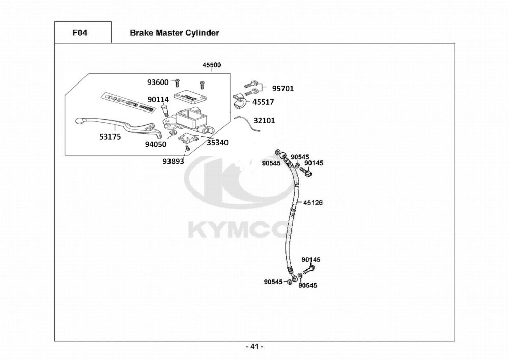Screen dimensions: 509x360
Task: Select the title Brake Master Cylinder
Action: click(174, 33)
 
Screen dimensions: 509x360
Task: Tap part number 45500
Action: click(212, 65)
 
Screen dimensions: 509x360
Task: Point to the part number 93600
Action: click(158, 82)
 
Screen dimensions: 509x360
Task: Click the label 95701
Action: click(282, 88)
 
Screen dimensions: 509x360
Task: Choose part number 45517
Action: click(263, 102)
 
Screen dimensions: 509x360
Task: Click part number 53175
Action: click(110, 136)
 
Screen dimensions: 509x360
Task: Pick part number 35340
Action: click(217, 142)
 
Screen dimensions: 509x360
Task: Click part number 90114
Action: click(158, 100)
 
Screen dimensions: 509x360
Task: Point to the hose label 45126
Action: click(313, 202)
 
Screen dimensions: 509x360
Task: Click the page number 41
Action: click(254, 347)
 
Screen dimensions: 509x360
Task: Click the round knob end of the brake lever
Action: click(79, 121)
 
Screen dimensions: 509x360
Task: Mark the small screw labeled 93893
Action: click(187, 148)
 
